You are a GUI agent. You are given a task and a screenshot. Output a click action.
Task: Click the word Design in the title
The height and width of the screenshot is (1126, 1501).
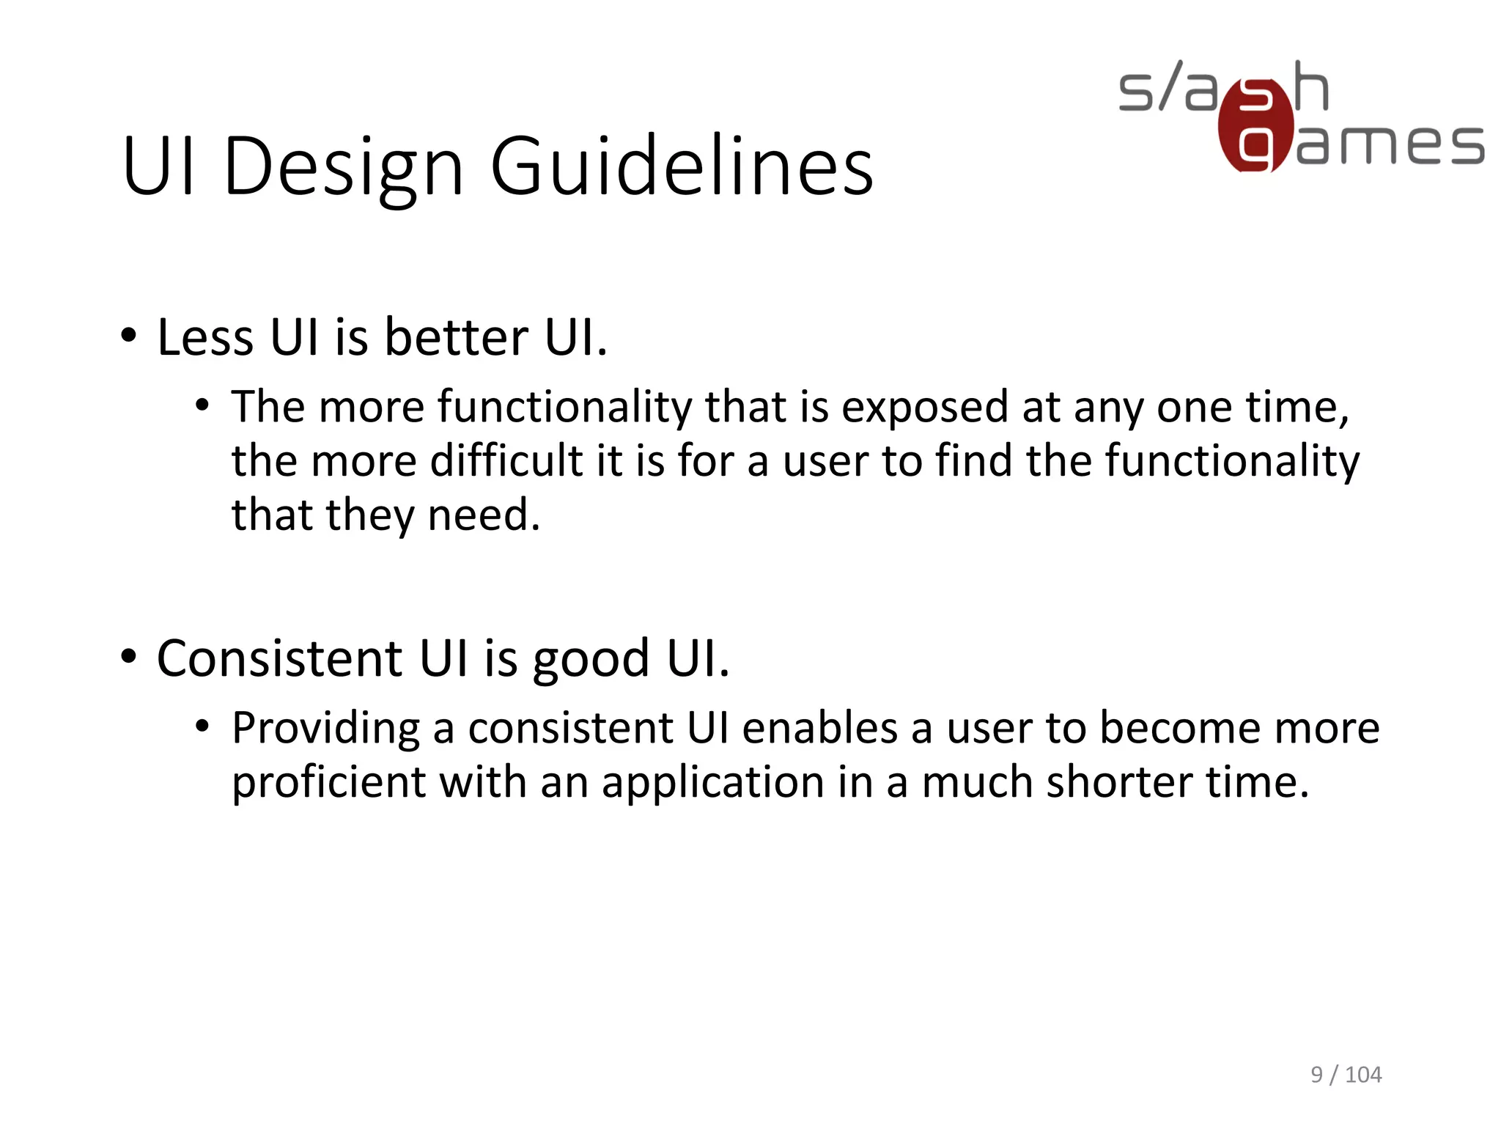point(343,167)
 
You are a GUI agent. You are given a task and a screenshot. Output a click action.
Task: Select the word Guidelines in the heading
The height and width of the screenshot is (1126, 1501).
point(682,167)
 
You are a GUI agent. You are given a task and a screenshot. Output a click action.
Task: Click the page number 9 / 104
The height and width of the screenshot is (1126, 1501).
point(1346,1075)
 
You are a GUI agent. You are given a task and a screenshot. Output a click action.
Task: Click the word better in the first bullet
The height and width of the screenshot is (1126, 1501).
point(456,338)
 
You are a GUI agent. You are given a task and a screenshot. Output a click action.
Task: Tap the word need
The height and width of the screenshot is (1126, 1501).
point(483,515)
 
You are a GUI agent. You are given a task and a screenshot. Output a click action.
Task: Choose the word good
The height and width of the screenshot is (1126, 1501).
point(591,660)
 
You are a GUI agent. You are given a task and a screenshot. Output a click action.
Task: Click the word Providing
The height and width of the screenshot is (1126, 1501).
point(325,729)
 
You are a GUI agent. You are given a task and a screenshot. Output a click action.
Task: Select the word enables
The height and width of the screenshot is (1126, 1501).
point(820,728)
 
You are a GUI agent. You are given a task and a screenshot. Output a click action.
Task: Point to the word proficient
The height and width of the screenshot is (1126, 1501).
point(328,783)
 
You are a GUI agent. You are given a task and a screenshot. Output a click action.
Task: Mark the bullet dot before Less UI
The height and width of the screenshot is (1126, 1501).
point(129,336)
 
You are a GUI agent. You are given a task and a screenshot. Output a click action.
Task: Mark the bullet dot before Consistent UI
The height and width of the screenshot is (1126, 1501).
point(129,657)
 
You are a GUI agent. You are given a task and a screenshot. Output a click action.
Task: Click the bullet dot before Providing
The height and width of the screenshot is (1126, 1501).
point(203,727)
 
